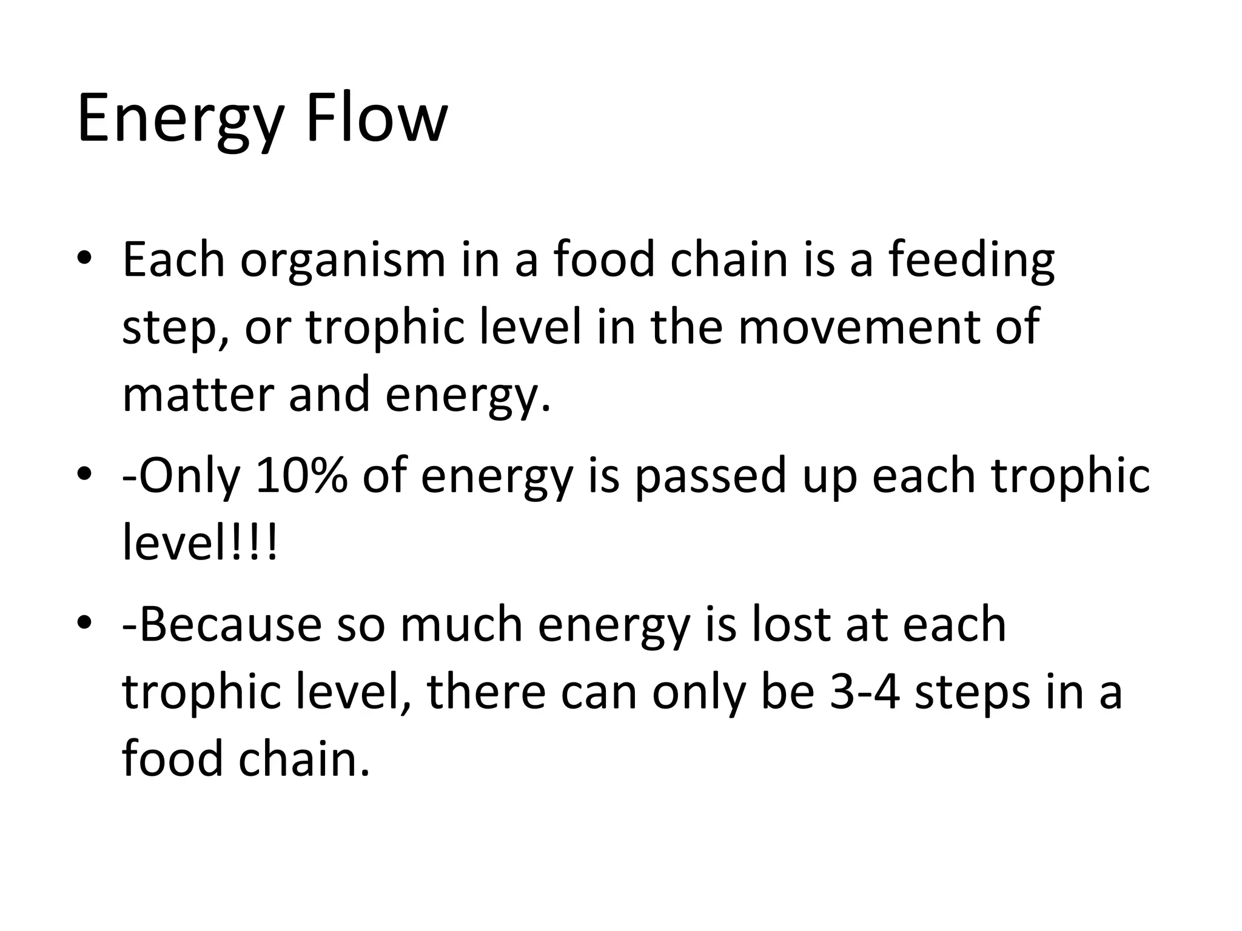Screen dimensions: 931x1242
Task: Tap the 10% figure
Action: coord(301,476)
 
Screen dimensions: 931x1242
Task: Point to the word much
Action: coord(461,624)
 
